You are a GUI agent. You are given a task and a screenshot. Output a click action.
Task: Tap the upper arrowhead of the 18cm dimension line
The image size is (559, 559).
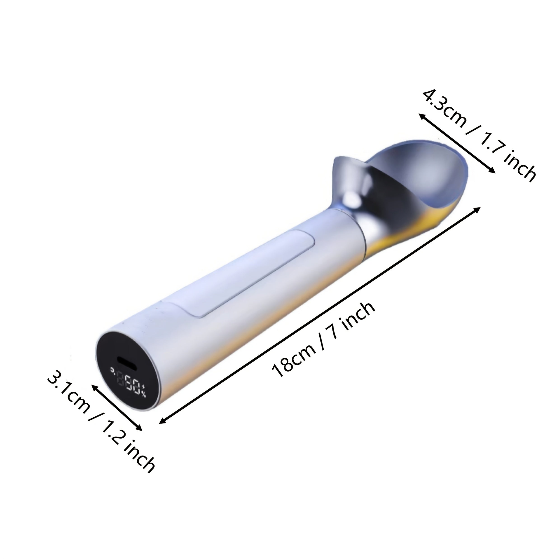[478, 209]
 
